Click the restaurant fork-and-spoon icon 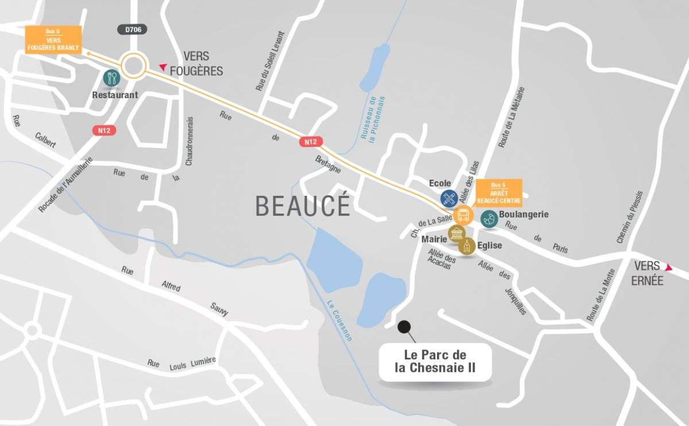pyautogui.click(x=112, y=78)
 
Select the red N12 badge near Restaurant pyautogui.click(x=104, y=130)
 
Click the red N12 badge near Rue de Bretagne pyautogui.click(x=311, y=141)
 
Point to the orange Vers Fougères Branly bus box pyautogui.click(x=53, y=40)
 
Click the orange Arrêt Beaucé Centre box pyautogui.click(x=498, y=193)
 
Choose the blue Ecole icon pyautogui.click(x=449, y=199)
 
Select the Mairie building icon pyautogui.click(x=456, y=233)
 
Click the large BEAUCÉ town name pyautogui.click(x=302, y=206)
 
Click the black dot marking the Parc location pyautogui.click(x=404, y=327)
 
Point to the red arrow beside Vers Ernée pyautogui.click(x=668, y=268)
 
